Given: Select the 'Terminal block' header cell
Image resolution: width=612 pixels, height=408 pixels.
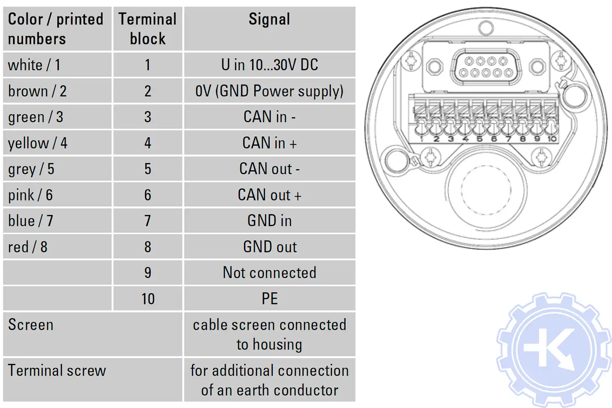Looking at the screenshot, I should pyautogui.click(x=148, y=29).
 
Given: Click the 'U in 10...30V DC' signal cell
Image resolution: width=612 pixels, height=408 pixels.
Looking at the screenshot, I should pyautogui.click(x=269, y=65).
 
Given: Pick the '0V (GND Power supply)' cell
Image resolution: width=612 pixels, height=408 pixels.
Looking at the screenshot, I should pyautogui.click(x=269, y=91).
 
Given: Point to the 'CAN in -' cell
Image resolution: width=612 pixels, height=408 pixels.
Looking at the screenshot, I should pyautogui.click(x=269, y=117).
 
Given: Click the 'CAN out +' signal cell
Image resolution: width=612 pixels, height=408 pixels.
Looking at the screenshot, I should pyautogui.click(x=269, y=195).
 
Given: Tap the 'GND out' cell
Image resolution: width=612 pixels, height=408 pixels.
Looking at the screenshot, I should pyautogui.click(x=269, y=247).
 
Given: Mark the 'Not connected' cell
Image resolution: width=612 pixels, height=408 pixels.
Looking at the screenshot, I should pyautogui.click(x=269, y=273).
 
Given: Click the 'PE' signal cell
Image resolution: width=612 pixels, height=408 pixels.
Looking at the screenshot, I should pyautogui.click(x=269, y=299).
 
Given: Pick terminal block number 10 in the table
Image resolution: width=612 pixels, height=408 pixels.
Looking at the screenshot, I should pyautogui.click(x=148, y=299).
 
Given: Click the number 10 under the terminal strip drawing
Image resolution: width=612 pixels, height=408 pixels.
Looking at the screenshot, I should pyautogui.click(x=552, y=139).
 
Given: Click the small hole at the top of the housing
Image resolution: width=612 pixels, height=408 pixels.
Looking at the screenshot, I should pyautogui.click(x=486, y=28).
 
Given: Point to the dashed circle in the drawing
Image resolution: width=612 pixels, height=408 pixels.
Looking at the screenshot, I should pyautogui.click(x=486, y=190).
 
